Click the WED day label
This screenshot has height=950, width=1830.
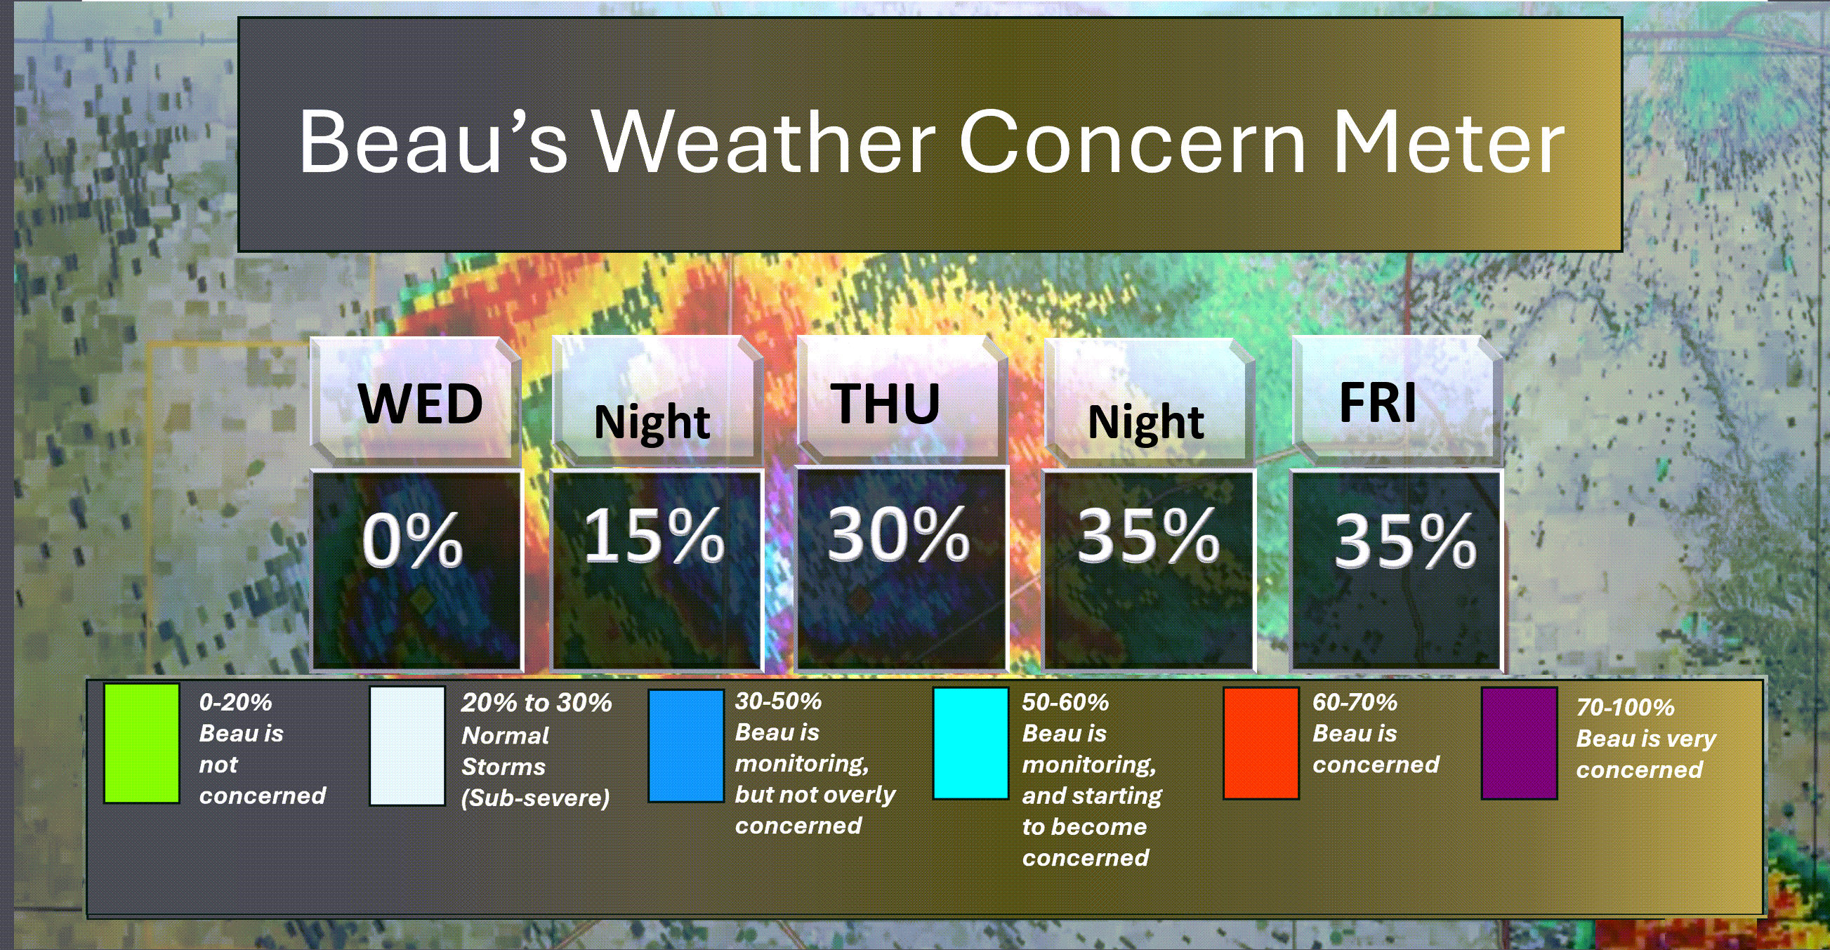click(420, 404)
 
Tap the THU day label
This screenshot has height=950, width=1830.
click(886, 404)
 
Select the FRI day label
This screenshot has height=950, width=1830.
click(1378, 402)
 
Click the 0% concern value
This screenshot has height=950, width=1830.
click(412, 539)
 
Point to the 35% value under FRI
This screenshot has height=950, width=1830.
click(1405, 541)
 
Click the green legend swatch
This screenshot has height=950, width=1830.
click(141, 744)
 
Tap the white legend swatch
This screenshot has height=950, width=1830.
click(407, 746)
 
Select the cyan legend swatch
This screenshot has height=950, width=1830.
click(970, 744)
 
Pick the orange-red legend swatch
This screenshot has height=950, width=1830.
click(1261, 744)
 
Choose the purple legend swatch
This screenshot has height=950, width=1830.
click(1520, 744)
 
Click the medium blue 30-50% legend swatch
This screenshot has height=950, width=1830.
click(685, 746)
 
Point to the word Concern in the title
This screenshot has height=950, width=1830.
click(1133, 141)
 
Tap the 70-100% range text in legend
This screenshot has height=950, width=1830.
click(1626, 707)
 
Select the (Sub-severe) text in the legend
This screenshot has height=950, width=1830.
click(536, 798)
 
